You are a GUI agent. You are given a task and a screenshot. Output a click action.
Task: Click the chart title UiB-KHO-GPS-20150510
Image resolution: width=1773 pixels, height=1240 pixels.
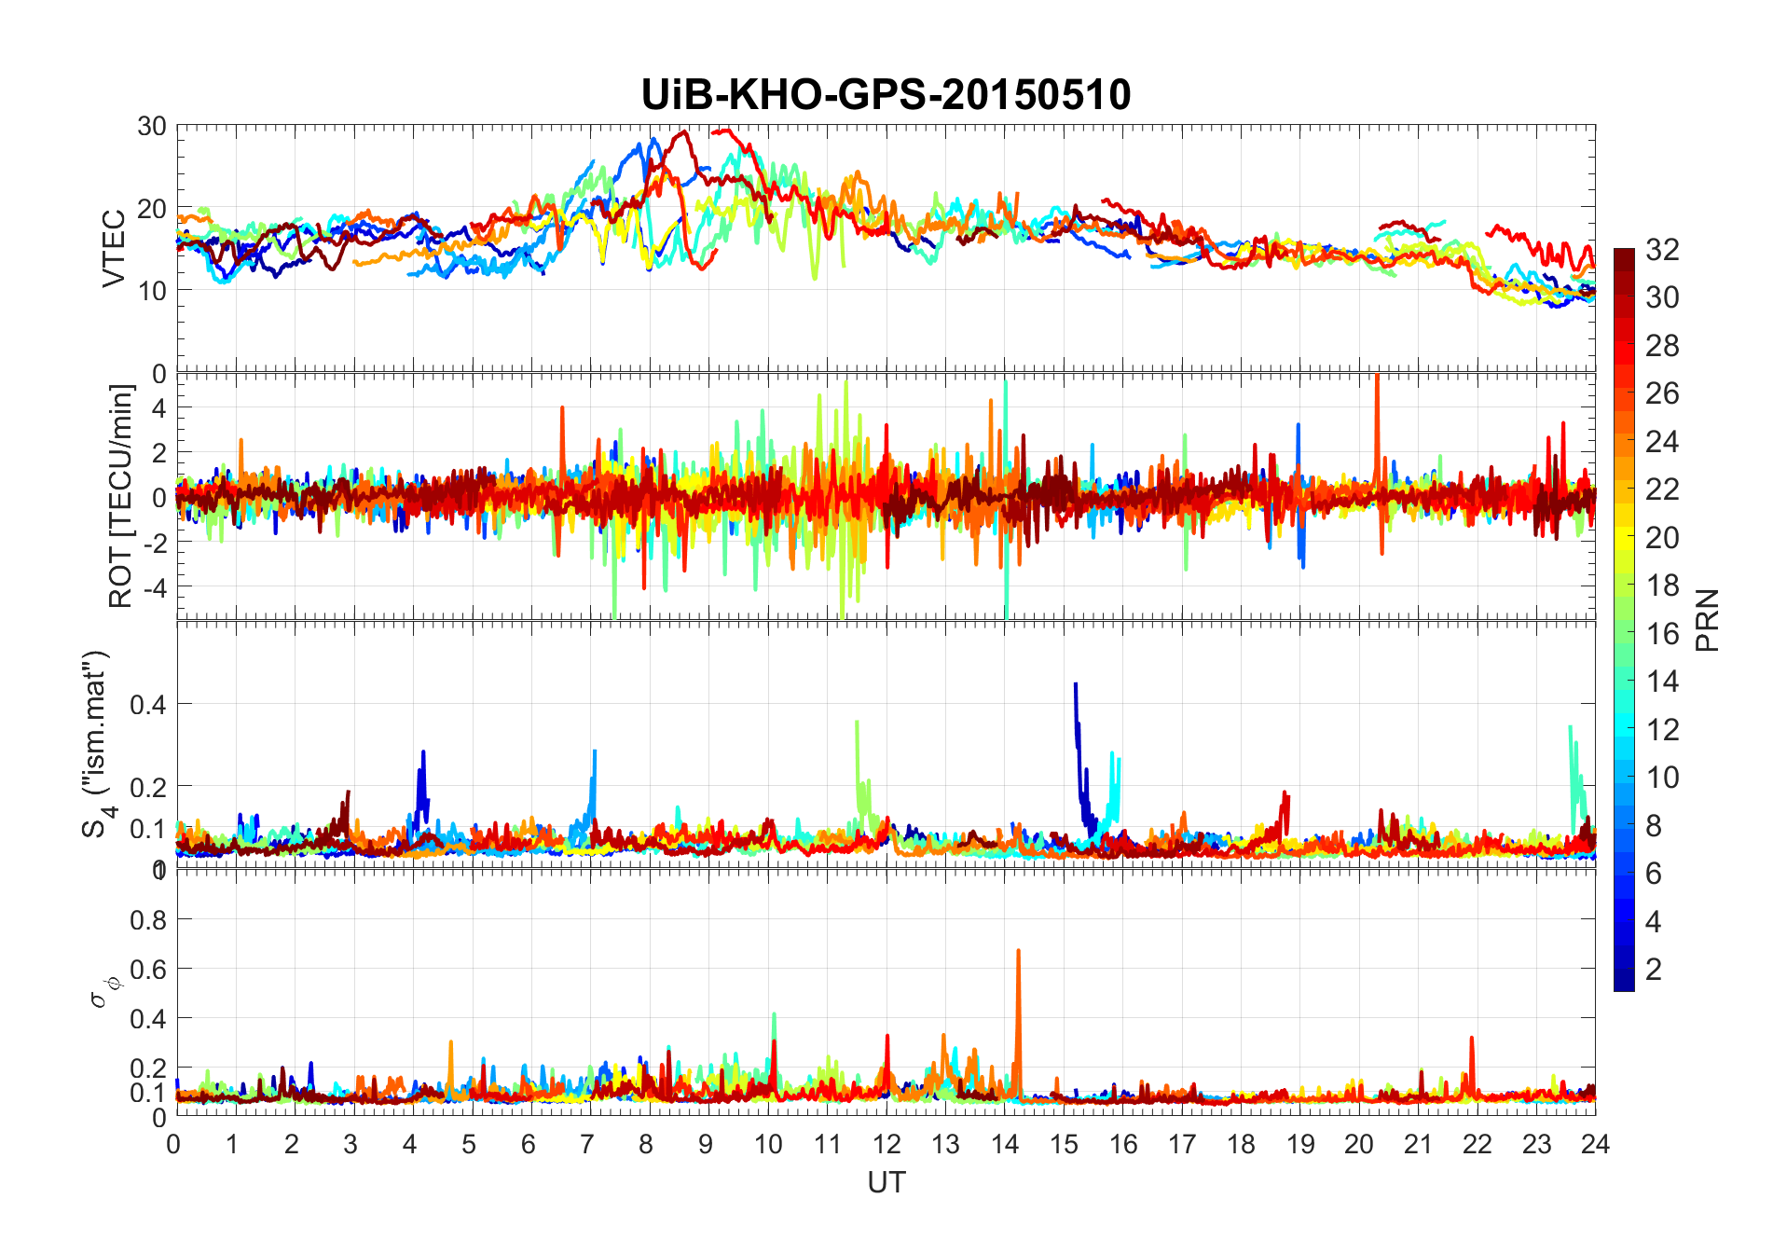click(x=886, y=95)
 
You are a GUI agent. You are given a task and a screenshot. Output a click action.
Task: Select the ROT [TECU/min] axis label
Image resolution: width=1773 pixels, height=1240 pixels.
click(x=120, y=496)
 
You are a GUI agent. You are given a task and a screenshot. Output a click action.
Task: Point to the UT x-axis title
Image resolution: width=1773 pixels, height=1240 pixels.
click(x=886, y=1183)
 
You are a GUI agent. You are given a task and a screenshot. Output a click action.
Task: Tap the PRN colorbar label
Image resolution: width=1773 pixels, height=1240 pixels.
click(x=1707, y=620)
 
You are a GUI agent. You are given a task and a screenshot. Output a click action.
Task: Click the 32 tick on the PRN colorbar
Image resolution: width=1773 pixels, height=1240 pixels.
click(x=1662, y=250)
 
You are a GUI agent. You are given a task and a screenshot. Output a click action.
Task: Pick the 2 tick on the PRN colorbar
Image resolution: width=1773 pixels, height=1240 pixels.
click(x=1654, y=970)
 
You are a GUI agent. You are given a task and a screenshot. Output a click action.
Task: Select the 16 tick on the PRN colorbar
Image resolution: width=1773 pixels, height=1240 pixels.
click(x=1662, y=634)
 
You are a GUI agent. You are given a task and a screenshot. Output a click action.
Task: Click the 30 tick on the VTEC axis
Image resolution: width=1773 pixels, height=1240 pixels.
click(x=152, y=127)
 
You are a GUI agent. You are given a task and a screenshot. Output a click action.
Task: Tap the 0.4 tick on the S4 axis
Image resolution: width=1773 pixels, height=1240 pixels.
click(x=148, y=705)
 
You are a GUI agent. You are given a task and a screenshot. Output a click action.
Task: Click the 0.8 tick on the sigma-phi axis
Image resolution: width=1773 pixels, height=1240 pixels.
click(x=148, y=920)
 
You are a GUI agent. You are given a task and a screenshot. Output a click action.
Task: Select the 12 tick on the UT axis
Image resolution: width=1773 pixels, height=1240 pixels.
click(x=886, y=1144)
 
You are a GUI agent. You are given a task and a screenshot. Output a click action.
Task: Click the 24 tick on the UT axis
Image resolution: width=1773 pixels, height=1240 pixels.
click(x=1595, y=1144)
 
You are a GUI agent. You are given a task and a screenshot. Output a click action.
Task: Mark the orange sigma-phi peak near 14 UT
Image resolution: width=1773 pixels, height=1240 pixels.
click(x=1018, y=953)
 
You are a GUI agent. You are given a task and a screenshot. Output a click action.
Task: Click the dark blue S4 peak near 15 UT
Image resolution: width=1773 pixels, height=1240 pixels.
click(x=1076, y=686)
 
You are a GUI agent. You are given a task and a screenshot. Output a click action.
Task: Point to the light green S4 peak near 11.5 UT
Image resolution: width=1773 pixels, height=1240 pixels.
click(x=857, y=723)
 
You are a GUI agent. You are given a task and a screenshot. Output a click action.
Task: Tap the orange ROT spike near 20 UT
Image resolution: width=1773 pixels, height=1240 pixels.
click(x=1377, y=378)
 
